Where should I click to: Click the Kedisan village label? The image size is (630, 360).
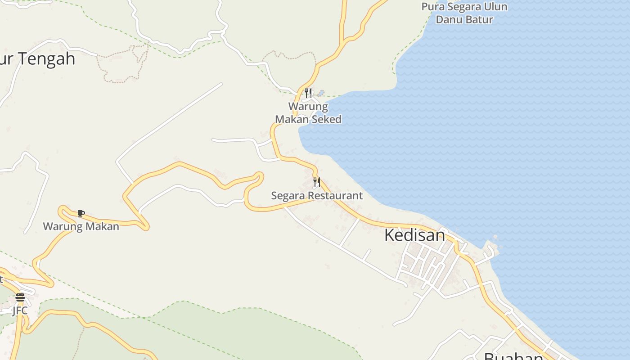pyautogui.click(x=414, y=235)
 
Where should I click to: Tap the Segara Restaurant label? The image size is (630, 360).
pyautogui.click(x=316, y=196)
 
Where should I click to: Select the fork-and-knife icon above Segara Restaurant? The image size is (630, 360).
pyautogui.click(x=317, y=182)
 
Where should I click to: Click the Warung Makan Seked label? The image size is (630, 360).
pyautogui.click(x=308, y=113)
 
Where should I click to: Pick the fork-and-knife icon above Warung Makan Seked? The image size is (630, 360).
pyautogui.click(x=308, y=93)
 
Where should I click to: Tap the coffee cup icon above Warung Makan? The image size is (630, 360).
pyautogui.click(x=81, y=213)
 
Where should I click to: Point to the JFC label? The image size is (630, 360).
pyautogui.click(x=20, y=310)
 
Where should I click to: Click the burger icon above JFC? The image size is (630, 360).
pyautogui.click(x=20, y=297)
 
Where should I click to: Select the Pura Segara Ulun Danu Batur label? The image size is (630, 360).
pyautogui.click(x=464, y=13)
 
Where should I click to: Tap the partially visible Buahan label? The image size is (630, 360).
pyautogui.click(x=513, y=356)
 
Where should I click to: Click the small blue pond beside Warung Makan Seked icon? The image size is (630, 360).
pyautogui.click(x=321, y=94)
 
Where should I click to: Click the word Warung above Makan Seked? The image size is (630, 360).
pyautogui.click(x=308, y=107)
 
